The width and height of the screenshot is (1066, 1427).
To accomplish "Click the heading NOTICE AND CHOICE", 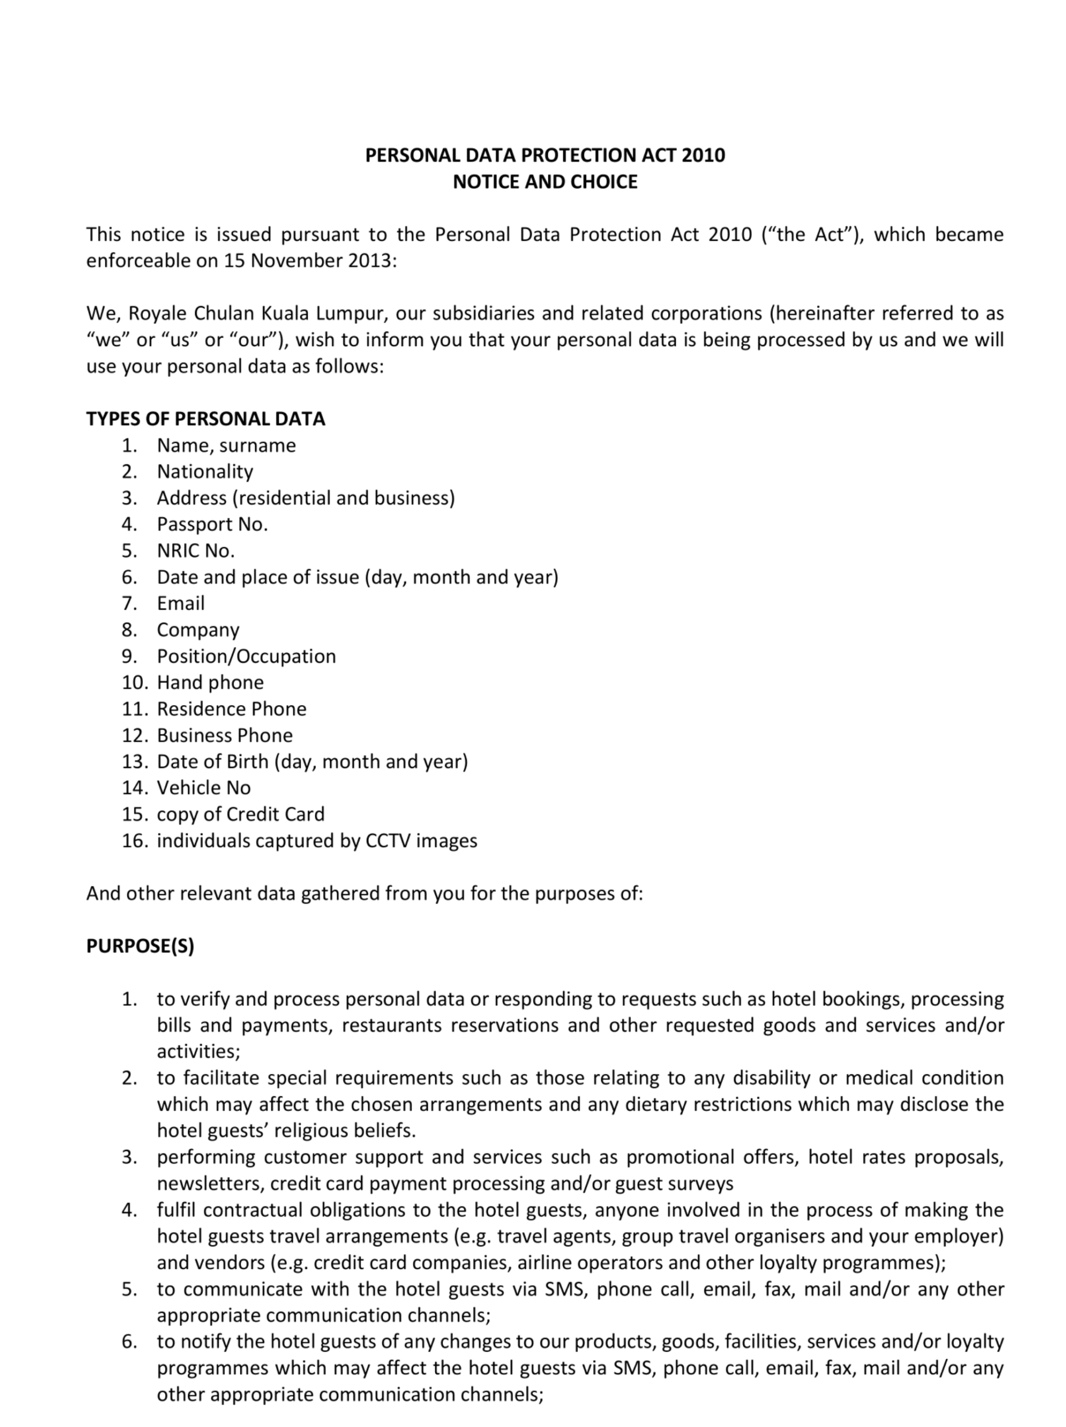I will coord(544,182).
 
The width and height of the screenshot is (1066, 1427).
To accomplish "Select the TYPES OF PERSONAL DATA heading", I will coord(206,419).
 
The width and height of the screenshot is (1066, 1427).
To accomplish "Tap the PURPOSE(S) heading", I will coord(140,946).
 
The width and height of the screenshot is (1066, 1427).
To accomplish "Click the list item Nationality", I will coord(205,472).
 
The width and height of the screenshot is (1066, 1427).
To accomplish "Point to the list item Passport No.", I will coord(212,524).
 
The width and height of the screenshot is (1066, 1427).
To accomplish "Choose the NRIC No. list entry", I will coord(196,550).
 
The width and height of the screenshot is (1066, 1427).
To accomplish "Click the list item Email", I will coord(181,603).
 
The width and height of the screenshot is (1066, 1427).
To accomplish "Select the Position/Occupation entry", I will coord(246,656).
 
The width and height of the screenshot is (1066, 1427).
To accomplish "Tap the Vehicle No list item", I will coord(203,788).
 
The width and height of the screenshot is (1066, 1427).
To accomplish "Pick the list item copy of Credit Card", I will coord(241,814).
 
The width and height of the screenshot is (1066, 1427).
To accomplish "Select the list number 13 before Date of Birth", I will coord(135,761).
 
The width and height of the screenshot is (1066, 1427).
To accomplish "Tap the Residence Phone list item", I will coord(231,708).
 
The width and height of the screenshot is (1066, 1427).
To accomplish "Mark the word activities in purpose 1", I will coord(197,1051).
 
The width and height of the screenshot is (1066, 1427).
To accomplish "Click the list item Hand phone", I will coord(210,682).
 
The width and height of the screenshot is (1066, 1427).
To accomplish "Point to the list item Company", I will coord(198,630).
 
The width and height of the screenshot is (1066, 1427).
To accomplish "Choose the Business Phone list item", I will coord(225,735).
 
